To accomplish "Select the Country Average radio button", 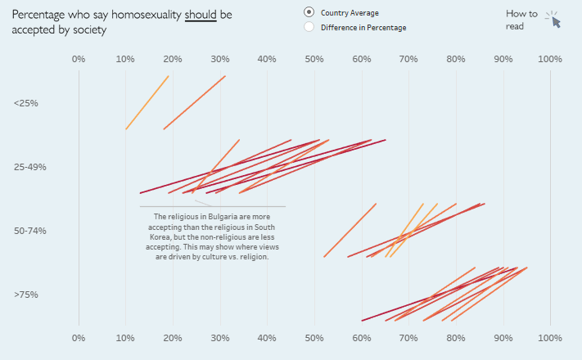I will [309, 12].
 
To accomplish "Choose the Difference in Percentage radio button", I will [309, 27].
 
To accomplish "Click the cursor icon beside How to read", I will [555, 20].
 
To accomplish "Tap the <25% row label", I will [26, 103].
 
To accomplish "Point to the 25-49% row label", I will [30, 167].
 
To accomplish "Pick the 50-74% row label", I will [30, 231].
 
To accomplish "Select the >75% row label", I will [26, 295].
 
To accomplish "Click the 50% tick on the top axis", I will [314, 59].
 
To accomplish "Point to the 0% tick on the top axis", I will [79, 59].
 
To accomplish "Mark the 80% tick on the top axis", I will [456, 59].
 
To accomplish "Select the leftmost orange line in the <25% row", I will [147, 102].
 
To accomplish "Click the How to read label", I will [521, 20].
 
